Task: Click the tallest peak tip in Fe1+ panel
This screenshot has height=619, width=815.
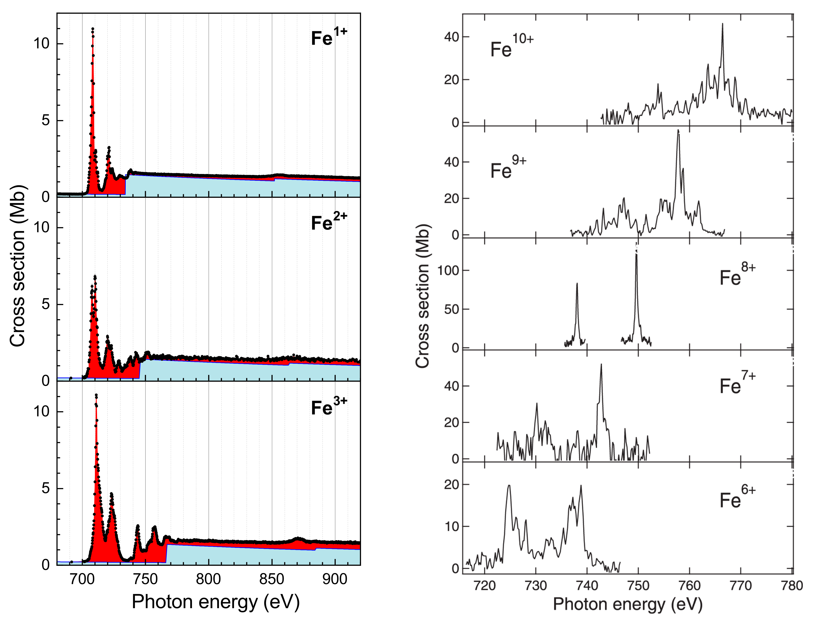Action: click(92, 29)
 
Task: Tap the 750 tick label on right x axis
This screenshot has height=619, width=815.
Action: click(638, 586)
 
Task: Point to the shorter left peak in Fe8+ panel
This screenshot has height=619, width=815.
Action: click(577, 284)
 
